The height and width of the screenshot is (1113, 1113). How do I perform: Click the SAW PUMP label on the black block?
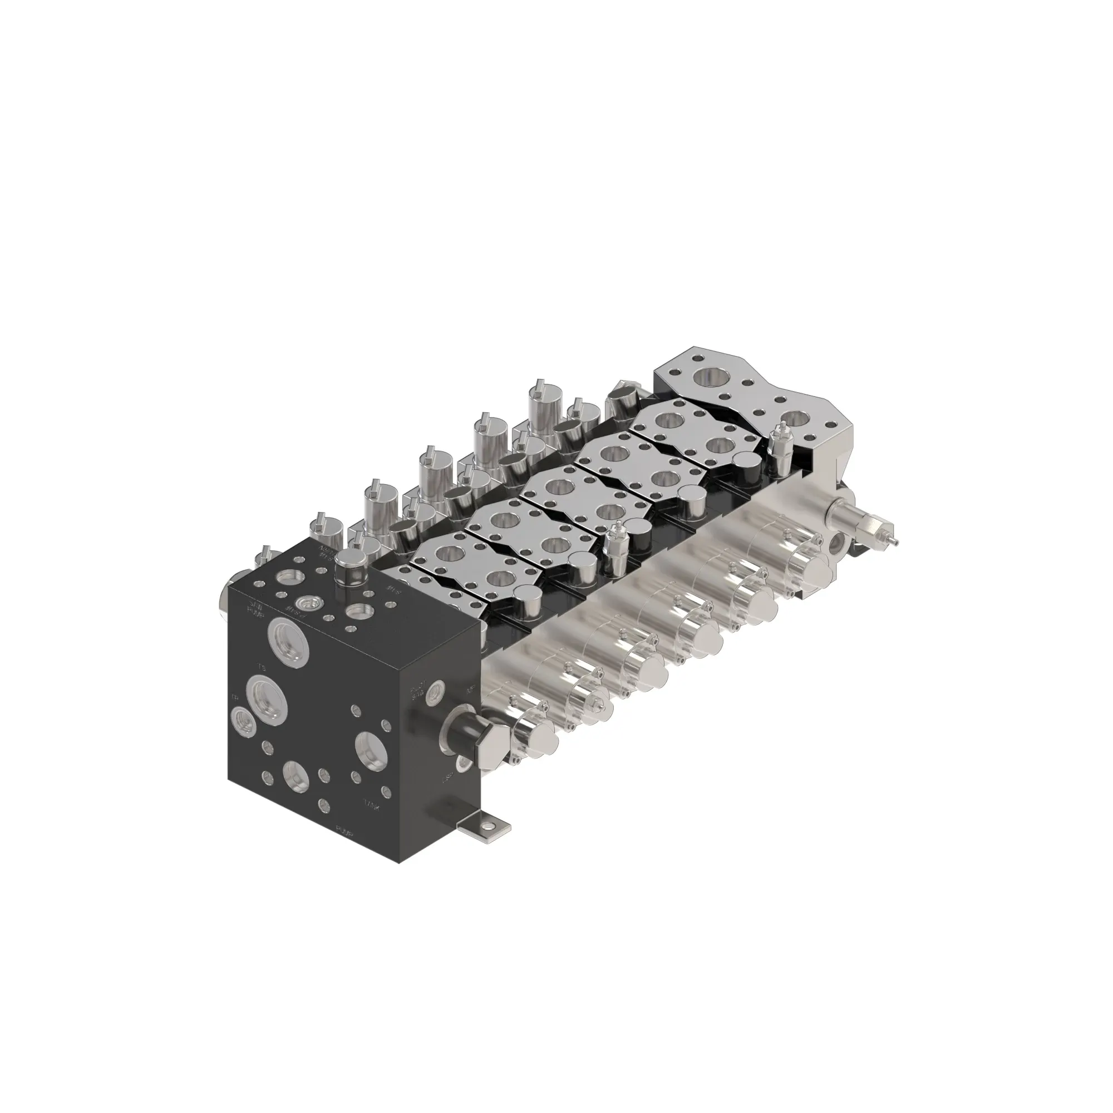255,607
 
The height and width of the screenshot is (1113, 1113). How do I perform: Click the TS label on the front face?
261,669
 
